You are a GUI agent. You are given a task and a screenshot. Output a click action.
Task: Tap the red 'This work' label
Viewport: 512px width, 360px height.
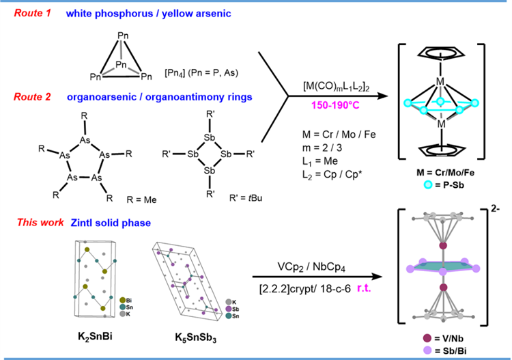pyautogui.click(x=31, y=223)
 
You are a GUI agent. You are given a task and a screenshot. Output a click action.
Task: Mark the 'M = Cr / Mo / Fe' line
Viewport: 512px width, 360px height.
pyautogui.click(x=332, y=132)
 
